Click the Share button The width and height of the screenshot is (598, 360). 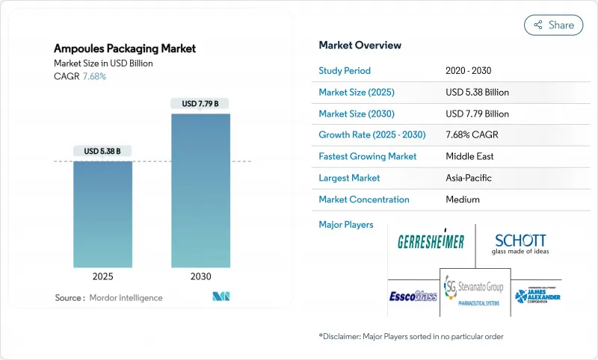[x=553, y=25]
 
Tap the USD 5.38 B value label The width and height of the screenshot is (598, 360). [x=102, y=151]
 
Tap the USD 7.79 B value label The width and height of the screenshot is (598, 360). [x=200, y=104]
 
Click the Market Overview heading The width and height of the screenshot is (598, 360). [x=360, y=46]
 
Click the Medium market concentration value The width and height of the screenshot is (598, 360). [x=463, y=199]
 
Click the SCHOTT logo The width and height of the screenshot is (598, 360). [x=520, y=243]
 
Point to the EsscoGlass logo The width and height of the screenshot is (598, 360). [x=413, y=296]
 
